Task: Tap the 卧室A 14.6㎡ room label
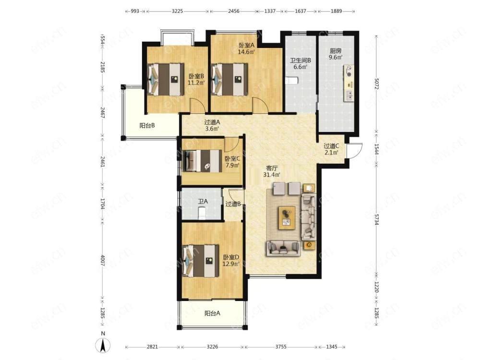247,48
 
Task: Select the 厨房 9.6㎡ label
336,54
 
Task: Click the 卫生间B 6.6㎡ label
300,63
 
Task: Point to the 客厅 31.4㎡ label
272,171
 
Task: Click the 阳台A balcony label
212,313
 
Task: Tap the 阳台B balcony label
147,125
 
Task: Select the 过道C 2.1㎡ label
332,149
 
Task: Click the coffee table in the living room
287,217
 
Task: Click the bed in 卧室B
166,80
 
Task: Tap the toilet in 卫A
202,213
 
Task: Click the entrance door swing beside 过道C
355,151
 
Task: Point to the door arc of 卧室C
232,144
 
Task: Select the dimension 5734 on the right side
376,218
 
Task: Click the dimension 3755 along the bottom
281,347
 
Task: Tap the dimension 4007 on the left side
103,260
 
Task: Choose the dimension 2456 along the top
234,11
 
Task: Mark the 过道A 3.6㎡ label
212,125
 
